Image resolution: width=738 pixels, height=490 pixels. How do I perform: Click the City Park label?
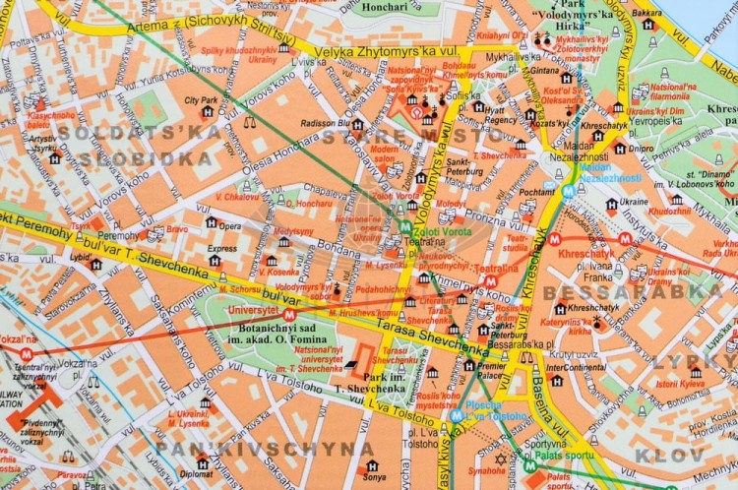[201, 100]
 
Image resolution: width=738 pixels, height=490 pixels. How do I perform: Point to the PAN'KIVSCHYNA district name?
[265, 449]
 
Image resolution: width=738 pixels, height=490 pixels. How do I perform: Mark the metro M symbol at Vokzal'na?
[27, 353]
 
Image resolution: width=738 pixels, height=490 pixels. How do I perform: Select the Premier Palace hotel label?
[489, 370]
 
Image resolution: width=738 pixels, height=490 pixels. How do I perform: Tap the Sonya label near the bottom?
[374, 477]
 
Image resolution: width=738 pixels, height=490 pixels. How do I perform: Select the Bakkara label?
[646, 14]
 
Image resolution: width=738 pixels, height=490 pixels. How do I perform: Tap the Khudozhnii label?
[669, 211]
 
